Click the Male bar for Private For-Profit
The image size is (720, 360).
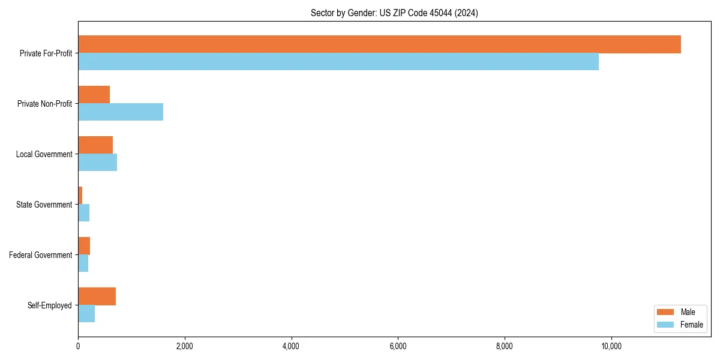point(379,44)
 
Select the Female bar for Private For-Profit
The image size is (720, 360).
point(338,62)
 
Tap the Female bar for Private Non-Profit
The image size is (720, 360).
point(121,112)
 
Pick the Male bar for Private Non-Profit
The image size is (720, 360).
point(94,95)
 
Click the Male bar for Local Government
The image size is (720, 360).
point(95,145)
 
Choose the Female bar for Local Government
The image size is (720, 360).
point(97,163)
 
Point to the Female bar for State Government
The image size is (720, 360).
point(84,213)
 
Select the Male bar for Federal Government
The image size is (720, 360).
point(84,246)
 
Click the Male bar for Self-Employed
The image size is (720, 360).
point(97,296)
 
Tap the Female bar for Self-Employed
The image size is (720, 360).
point(86,314)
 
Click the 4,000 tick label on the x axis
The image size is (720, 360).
point(291,346)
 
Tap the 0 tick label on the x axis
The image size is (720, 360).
point(78,346)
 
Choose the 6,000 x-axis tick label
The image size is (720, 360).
point(398,346)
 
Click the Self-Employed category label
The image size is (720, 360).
point(50,305)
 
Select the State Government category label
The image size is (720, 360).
point(44,205)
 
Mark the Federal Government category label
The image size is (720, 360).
point(41,255)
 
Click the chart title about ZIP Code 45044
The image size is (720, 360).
point(394,13)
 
